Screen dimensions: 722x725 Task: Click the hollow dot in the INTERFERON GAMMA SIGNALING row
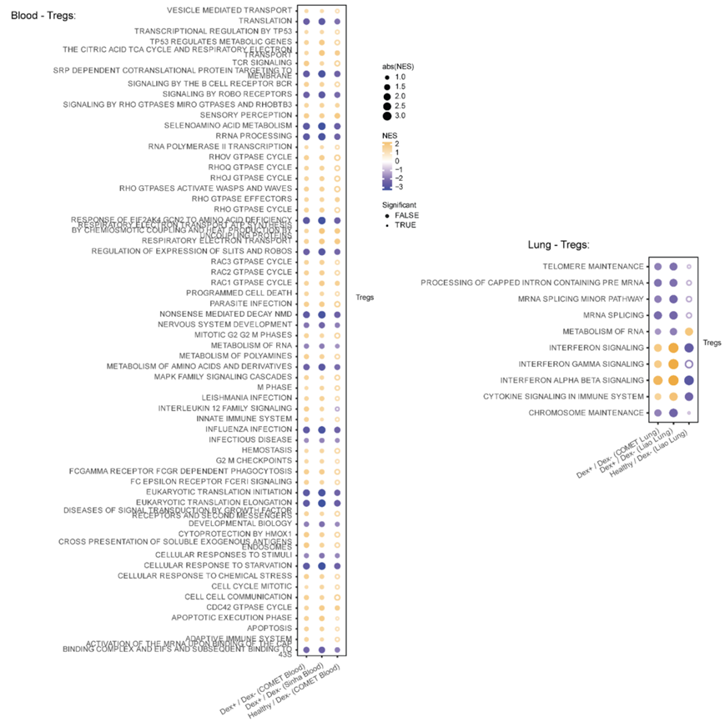point(689,364)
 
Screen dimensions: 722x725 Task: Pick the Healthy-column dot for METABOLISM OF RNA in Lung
point(689,332)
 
